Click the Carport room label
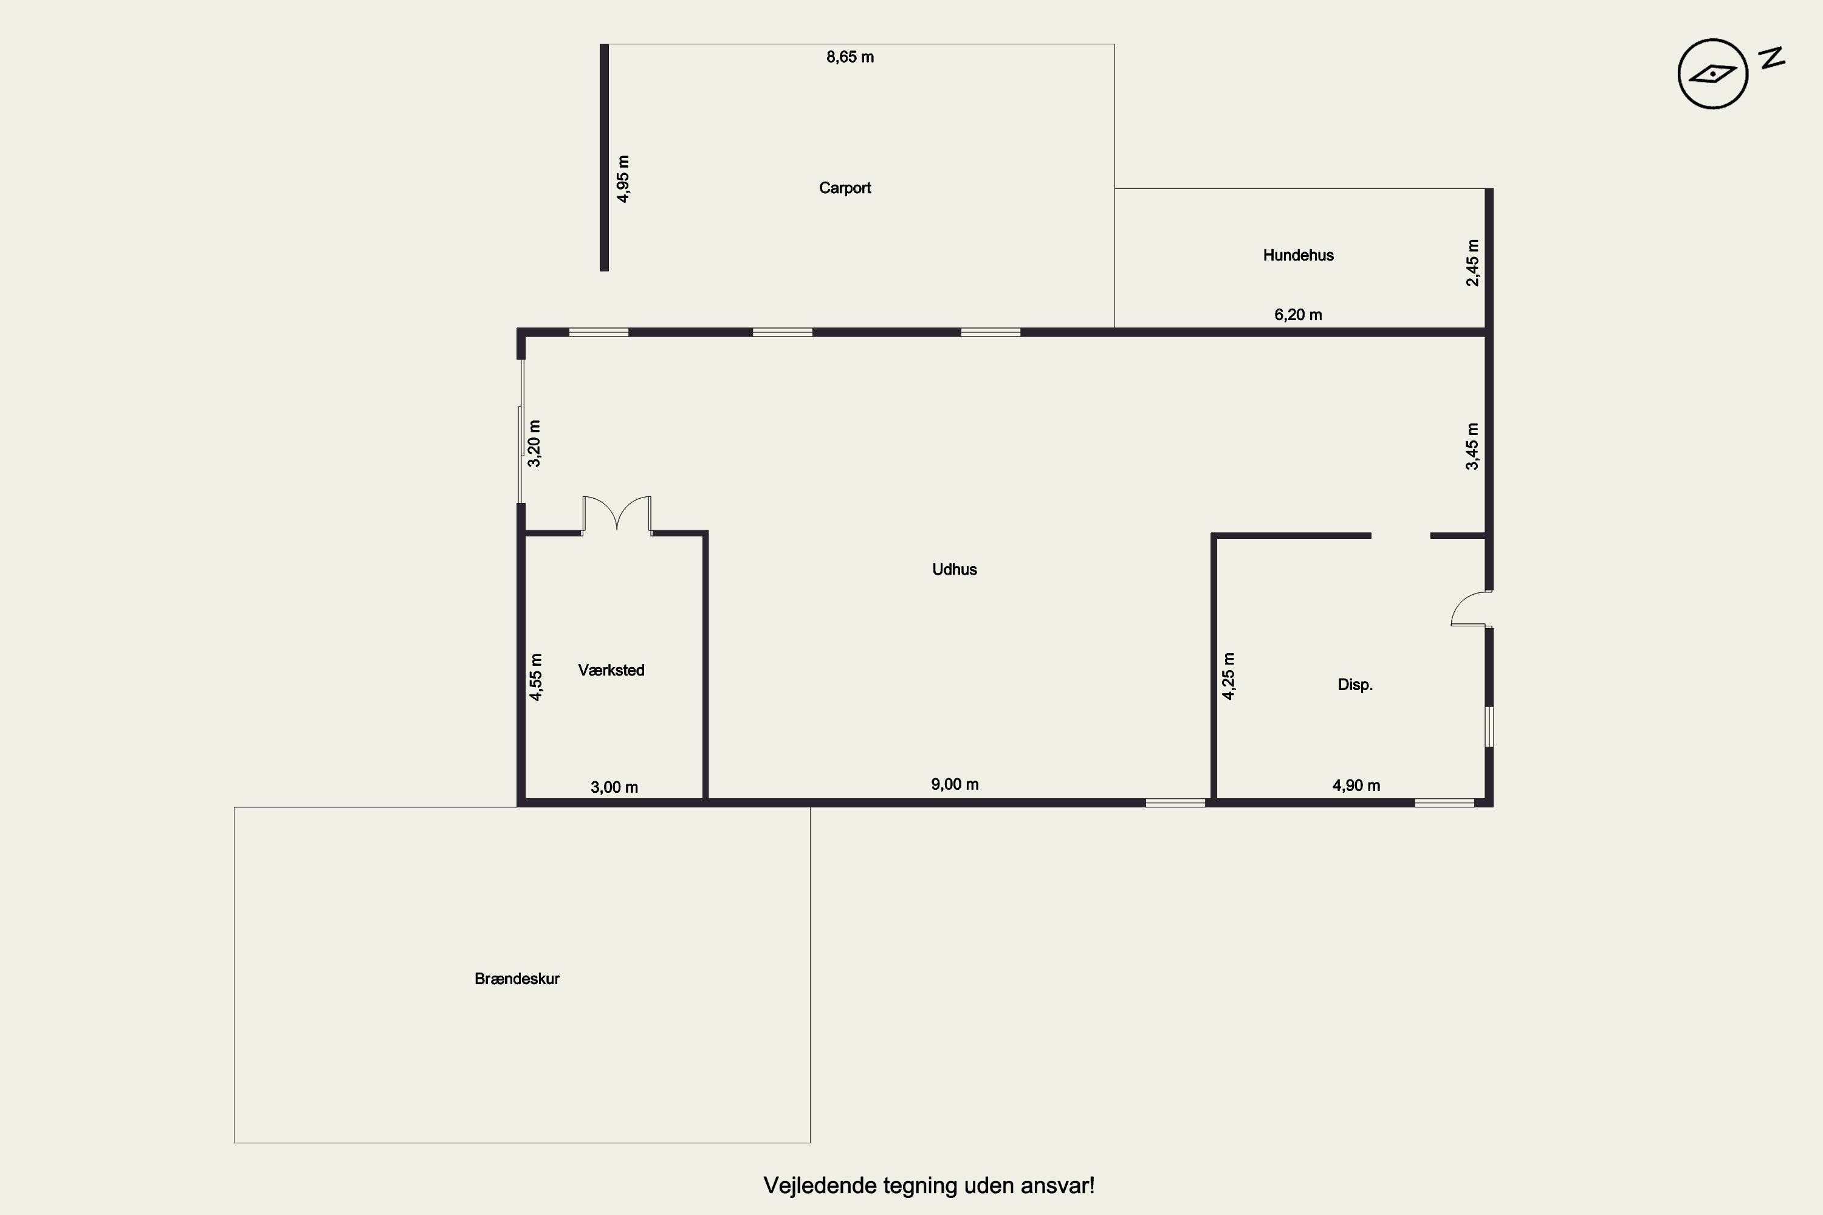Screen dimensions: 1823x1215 (x=845, y=188)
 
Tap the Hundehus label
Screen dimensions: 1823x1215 (x=1298, y=255)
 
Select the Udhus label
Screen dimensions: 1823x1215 (x=954, y=570)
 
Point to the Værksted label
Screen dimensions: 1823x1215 (x=611, y=670)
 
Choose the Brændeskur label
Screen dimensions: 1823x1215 (x=517, y=979)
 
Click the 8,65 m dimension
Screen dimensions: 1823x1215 (x=850, y=57)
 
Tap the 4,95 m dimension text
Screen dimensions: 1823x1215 (x=623, y=179)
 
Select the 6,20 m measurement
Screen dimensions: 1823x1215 (x=1298, y=315)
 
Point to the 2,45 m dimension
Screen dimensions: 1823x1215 (x=1472, y=262)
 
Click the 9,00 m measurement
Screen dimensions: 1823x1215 (x=955, y=784)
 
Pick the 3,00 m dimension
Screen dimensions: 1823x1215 (x=614, y=787)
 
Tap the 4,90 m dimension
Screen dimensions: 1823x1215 (x=1356, y=785)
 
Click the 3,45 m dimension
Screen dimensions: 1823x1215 (x=1472, y=447)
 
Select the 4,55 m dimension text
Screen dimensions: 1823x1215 (x=535, y=677)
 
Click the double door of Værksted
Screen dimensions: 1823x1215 (x=617, y=515)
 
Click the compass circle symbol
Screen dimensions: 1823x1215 (x=1713, y=74)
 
